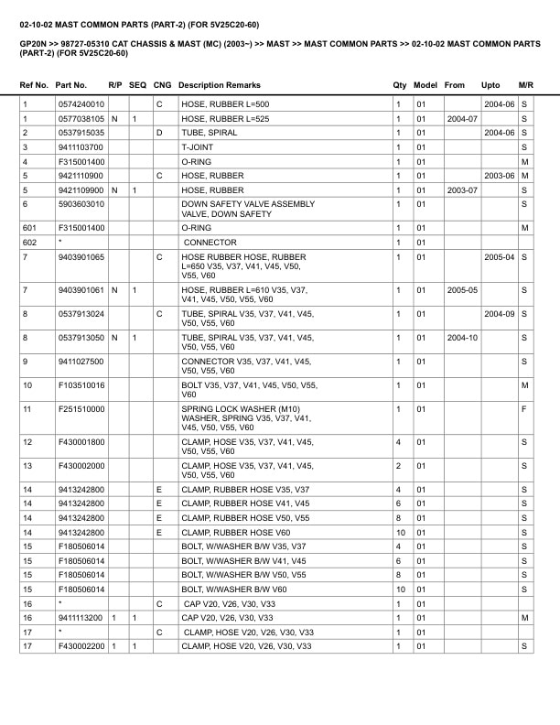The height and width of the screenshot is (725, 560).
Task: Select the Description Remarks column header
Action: (219, 85)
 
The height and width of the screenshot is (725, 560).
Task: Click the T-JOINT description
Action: (197, 147)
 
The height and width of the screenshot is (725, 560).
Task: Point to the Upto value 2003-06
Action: (499, 176)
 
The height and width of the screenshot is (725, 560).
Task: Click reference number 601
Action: (30, 228)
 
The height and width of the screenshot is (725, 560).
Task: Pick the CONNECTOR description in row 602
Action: (210, 243)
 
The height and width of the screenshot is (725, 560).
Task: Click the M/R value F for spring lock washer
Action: (524, 408)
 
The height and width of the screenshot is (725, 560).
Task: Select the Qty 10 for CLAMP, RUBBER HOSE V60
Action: (400, 532)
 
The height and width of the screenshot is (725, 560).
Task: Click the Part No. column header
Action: (71, 85)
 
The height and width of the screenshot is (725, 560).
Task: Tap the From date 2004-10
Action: (462, 338)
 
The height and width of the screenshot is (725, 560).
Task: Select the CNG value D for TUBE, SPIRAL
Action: (158, 133)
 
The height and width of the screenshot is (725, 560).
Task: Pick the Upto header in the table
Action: (490, 85)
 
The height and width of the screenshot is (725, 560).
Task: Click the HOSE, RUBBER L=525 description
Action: (225, 119)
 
